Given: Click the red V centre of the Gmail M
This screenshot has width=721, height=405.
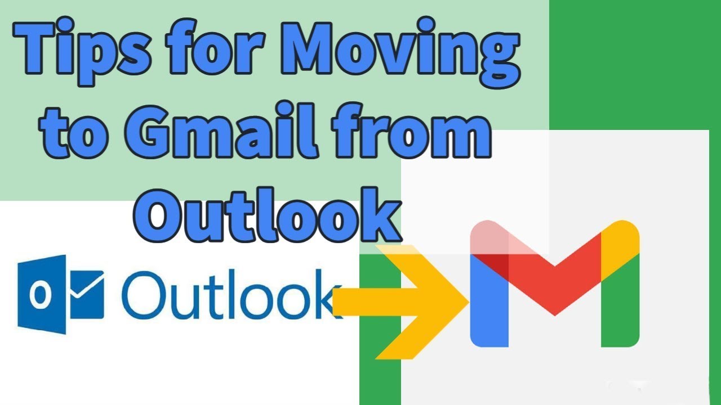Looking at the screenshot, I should click(x=555, y=281).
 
